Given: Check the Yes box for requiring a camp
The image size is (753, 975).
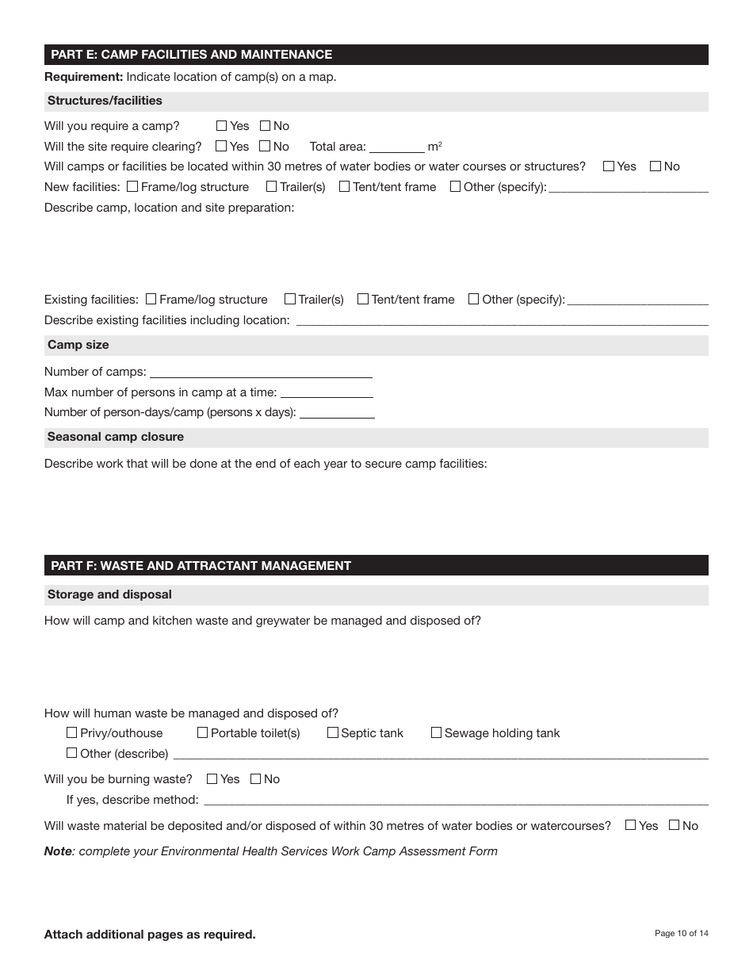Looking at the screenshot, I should click(222, 126).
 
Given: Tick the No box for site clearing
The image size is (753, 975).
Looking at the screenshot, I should click(265, 147).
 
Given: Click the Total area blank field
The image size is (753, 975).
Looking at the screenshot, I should click(396, 147).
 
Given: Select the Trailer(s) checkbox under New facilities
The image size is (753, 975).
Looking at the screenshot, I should click(272, 187).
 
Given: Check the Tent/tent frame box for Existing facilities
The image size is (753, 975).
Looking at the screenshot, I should click(363, 300).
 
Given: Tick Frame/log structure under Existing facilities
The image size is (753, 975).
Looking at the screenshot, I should click(151, 300).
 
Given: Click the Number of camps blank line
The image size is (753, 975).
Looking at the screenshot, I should click(261, 372).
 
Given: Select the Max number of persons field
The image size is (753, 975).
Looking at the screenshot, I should click(327, 392).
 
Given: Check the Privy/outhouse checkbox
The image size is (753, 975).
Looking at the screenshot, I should click(72, 733).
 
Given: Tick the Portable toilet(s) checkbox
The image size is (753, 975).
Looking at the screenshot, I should click(203, 733).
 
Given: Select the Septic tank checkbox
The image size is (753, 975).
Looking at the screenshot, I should click(333, 733).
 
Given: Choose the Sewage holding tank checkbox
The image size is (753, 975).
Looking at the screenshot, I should click(437, 733).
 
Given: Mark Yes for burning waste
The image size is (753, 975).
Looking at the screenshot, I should click(212, 779).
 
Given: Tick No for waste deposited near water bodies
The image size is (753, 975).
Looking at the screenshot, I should click(675, 825).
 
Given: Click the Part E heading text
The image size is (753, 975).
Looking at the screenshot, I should click(191, 55).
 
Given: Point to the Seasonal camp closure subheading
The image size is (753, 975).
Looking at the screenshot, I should click(116, 437).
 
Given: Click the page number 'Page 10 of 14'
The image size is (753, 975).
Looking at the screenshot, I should click(681, 934).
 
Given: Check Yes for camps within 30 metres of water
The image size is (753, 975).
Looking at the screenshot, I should click(609, 166).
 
